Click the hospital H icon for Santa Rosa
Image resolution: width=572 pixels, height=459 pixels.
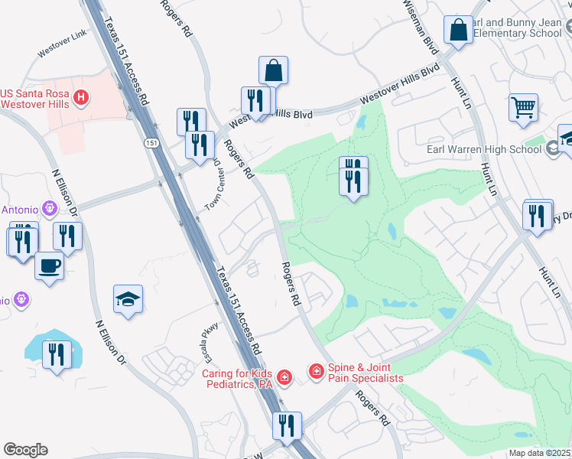[81, 98]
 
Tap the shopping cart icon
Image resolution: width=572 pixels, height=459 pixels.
[523, 107]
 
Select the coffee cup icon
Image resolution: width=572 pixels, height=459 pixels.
[50, 265]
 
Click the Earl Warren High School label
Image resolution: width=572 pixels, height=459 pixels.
[486, 148]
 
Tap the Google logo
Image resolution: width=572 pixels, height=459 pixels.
[25, 450]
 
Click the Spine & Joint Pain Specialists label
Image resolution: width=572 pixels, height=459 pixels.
[366, 373]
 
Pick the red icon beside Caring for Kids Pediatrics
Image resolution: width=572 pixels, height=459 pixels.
[284, 376]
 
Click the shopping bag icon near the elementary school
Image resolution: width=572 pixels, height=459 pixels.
[458, 31]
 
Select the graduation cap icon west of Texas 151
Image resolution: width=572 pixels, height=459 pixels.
[128, 299]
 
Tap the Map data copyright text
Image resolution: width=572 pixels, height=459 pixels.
[541, 453]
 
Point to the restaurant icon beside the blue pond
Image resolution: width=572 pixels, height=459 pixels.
[57, 354]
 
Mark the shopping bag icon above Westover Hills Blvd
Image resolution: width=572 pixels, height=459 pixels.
[273, 70]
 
